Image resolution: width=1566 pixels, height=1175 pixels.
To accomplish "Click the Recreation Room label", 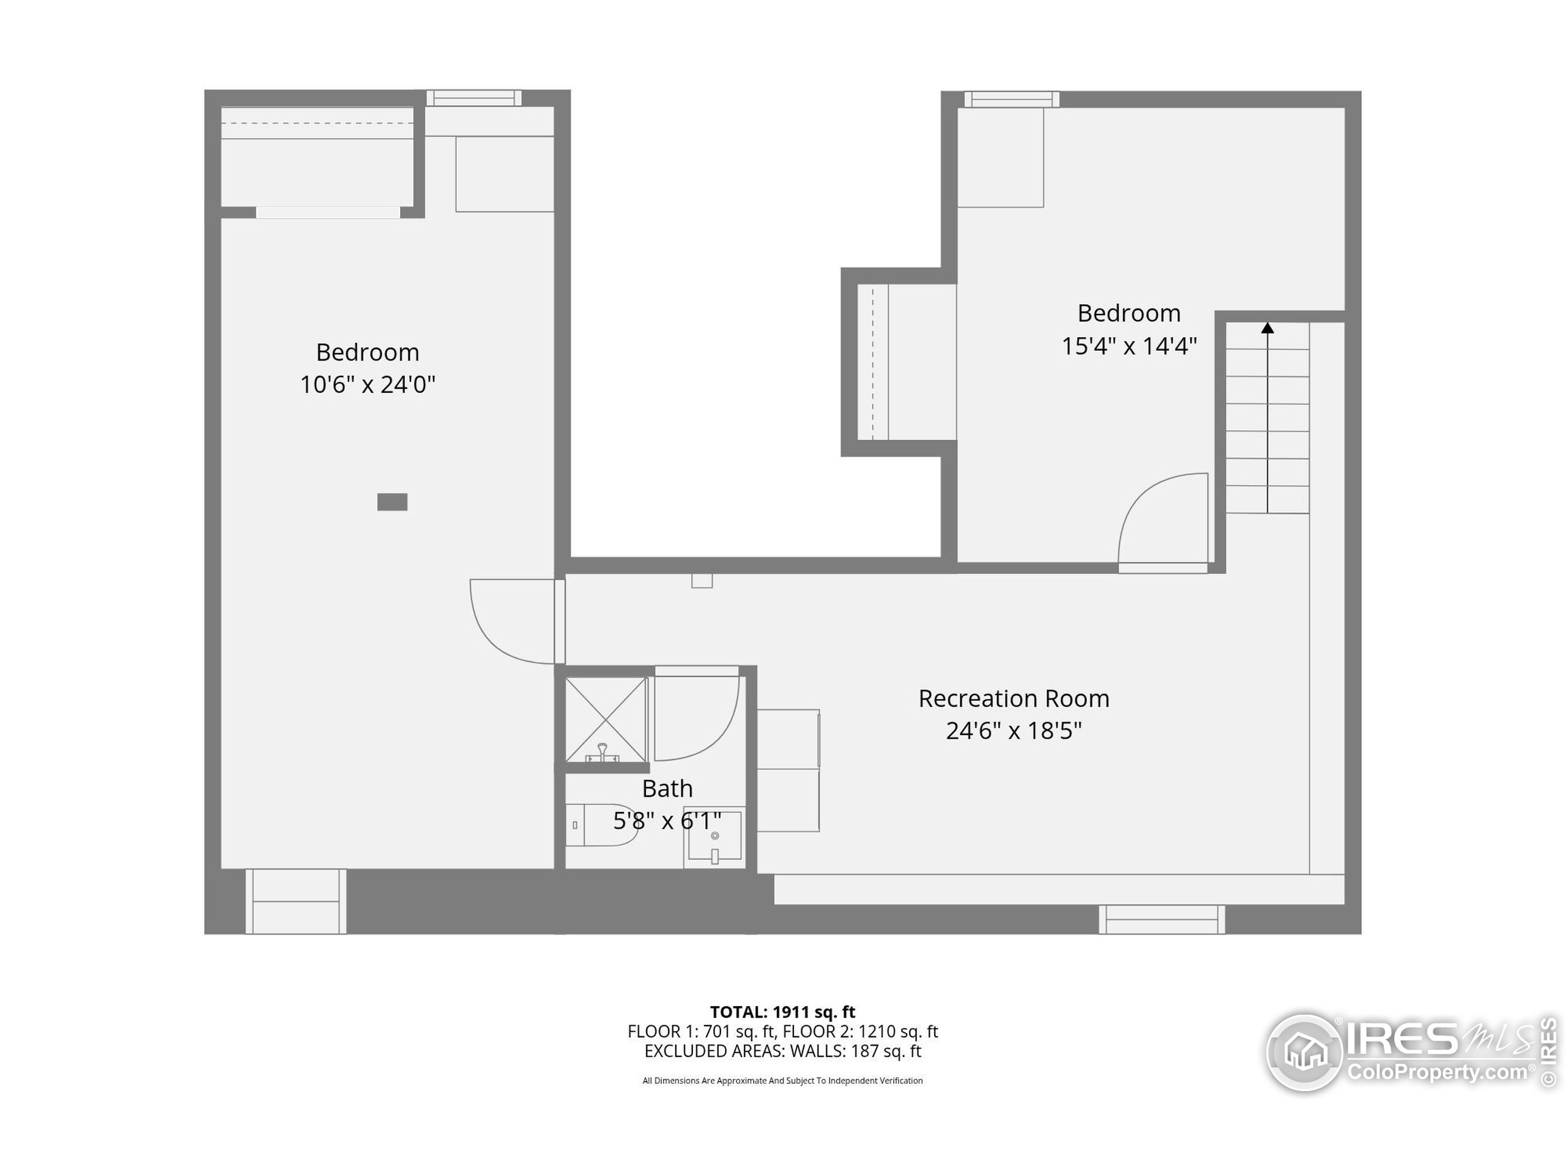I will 1013,698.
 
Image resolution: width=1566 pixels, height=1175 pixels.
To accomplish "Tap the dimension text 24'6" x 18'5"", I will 1013,730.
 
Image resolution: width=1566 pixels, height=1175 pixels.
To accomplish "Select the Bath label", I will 667,788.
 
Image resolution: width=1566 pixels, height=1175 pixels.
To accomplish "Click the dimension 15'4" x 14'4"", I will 1129,346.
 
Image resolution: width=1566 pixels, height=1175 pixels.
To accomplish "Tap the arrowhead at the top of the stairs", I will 1267,329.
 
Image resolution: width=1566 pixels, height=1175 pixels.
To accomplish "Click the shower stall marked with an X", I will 606,720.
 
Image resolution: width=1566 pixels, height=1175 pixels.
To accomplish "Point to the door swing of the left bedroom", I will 511,622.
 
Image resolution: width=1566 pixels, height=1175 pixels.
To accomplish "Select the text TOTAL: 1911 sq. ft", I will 782,1012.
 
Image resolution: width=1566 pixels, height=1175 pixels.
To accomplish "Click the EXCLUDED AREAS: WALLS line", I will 782,1051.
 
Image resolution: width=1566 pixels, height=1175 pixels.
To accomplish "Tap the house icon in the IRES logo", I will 1305,1053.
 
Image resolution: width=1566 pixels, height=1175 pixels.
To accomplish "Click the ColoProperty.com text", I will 1437,1072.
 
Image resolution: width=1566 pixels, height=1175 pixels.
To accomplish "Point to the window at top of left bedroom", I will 473,98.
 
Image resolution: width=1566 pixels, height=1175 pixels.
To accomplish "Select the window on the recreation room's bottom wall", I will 1162,920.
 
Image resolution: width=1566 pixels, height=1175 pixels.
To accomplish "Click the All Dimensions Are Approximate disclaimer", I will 782,1081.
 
